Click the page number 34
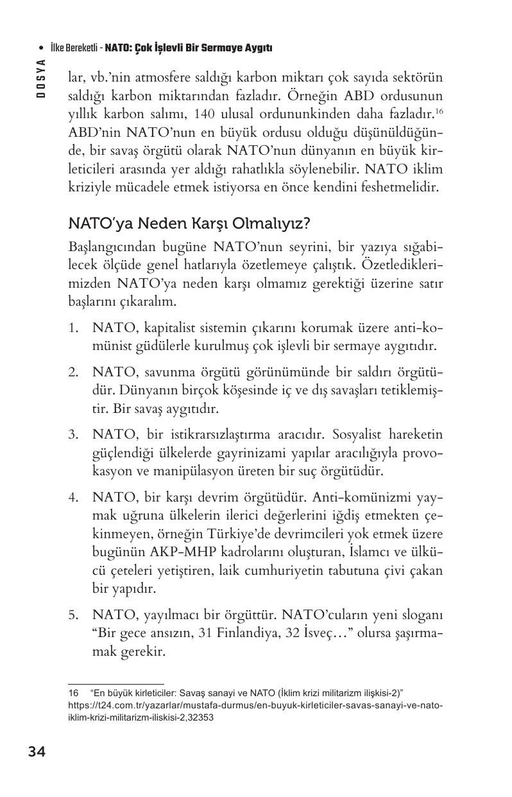click(37, 751)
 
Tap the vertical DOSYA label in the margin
click(40, 78)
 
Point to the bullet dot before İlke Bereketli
click(42, 48)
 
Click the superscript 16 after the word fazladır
click(439, 112)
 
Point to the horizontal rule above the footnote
click(116, 683)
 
